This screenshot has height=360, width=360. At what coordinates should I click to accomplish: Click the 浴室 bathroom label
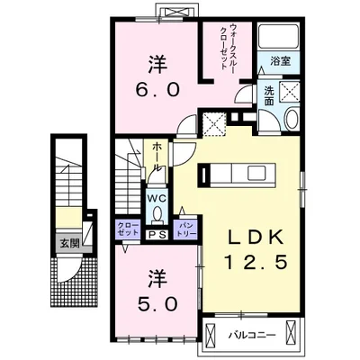pyautogui.click(x=280, y=61)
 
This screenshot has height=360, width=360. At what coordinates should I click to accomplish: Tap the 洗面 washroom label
pyautogui.click(x=268, y=96)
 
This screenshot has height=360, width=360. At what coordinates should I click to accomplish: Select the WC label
pyautogui.click(x=157, y=198)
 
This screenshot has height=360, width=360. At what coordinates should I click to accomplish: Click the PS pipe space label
pyautogui.click(x=157, y=235)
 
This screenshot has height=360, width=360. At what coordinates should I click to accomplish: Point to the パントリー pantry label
pyautogui.click(x=185, y=230)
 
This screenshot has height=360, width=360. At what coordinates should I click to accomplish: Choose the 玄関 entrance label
pyautogui.click(x=69, y=244)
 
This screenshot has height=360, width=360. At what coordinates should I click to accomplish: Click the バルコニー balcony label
pyautogui.click(x=252, y=335)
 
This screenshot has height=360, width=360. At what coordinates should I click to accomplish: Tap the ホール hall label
pyautogui.click(x=157, y=157)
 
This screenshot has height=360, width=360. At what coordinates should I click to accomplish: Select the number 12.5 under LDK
pyautogui.click(x=256, y=263)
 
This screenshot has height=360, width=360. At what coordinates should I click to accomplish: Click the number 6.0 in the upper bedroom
pyautogui.click(x=157, y=89)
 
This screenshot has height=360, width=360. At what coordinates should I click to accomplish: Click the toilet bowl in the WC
pyautogui.click(x=157, y=214)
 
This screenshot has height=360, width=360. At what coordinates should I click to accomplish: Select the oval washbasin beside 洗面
pyautogui.click(x=291, y=119)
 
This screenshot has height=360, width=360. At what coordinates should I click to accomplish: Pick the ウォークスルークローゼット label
pyautogui.click(x=228, y=47)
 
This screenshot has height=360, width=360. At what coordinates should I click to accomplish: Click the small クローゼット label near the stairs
pyautogui.click(x=128, y=229)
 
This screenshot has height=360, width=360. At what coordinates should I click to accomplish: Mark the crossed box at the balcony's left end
pyautogui.click(x=210, y=335)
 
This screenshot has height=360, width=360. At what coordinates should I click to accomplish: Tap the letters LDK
pyautogui.click(x=256, y=237)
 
